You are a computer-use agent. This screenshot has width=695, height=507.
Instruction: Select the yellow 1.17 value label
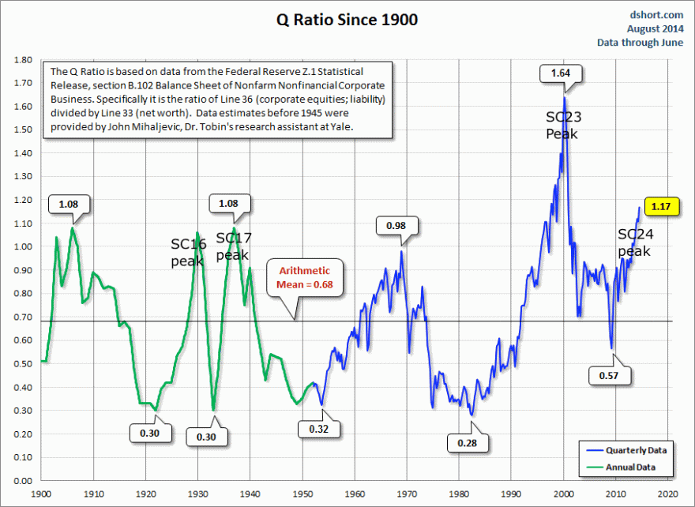coord(659,207)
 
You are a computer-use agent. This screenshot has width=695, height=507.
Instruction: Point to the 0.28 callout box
coord(467,443)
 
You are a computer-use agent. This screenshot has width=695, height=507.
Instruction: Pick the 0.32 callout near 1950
coord(318,429)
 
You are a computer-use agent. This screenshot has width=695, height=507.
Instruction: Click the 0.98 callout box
coord(397,227)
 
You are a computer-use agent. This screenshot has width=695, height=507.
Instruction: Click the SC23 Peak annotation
coord(562,126)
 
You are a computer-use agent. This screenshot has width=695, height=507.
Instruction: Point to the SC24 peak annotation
coord(635,242)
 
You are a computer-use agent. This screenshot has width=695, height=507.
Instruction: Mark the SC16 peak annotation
coord(188,252)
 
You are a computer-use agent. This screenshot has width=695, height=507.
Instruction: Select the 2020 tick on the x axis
coord(668,494)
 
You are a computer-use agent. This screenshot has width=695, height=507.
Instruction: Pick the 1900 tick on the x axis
coord(41,494)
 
